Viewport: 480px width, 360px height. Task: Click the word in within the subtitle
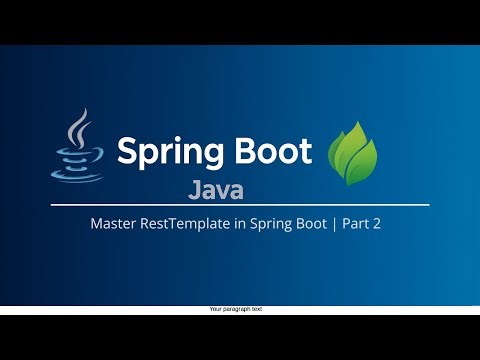[225, 225]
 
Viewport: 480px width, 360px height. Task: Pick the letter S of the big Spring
[129, 151]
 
